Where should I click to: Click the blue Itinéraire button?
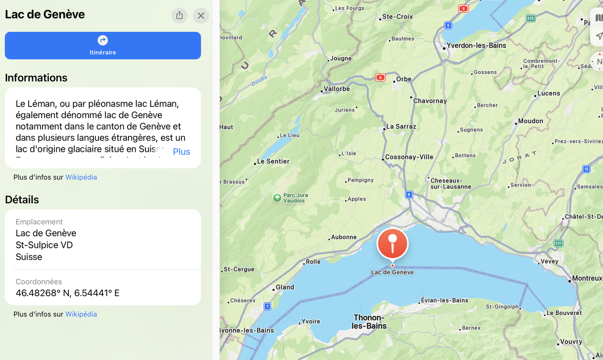click(103, 45)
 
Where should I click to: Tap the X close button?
click(201, 16)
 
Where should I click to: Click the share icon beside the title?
click(179, 16)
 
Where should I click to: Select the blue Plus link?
click(181, 152)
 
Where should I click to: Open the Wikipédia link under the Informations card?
click(81, 177)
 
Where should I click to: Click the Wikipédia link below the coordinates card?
click(81, 314)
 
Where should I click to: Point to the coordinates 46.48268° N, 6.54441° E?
click(67, 293)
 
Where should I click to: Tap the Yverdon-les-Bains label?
click(476, 46)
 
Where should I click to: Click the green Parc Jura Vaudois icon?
click(277, 198)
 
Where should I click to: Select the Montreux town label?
click(587, 279)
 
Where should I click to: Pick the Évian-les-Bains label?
click(444, 301)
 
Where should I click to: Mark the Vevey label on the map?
click(549, 262)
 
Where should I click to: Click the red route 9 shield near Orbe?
click(380, 77)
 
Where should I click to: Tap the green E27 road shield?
click(558, 243)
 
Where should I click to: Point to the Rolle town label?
click(313, 262)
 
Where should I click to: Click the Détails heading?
click(22, 200)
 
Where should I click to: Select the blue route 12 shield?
click(586, 169)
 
